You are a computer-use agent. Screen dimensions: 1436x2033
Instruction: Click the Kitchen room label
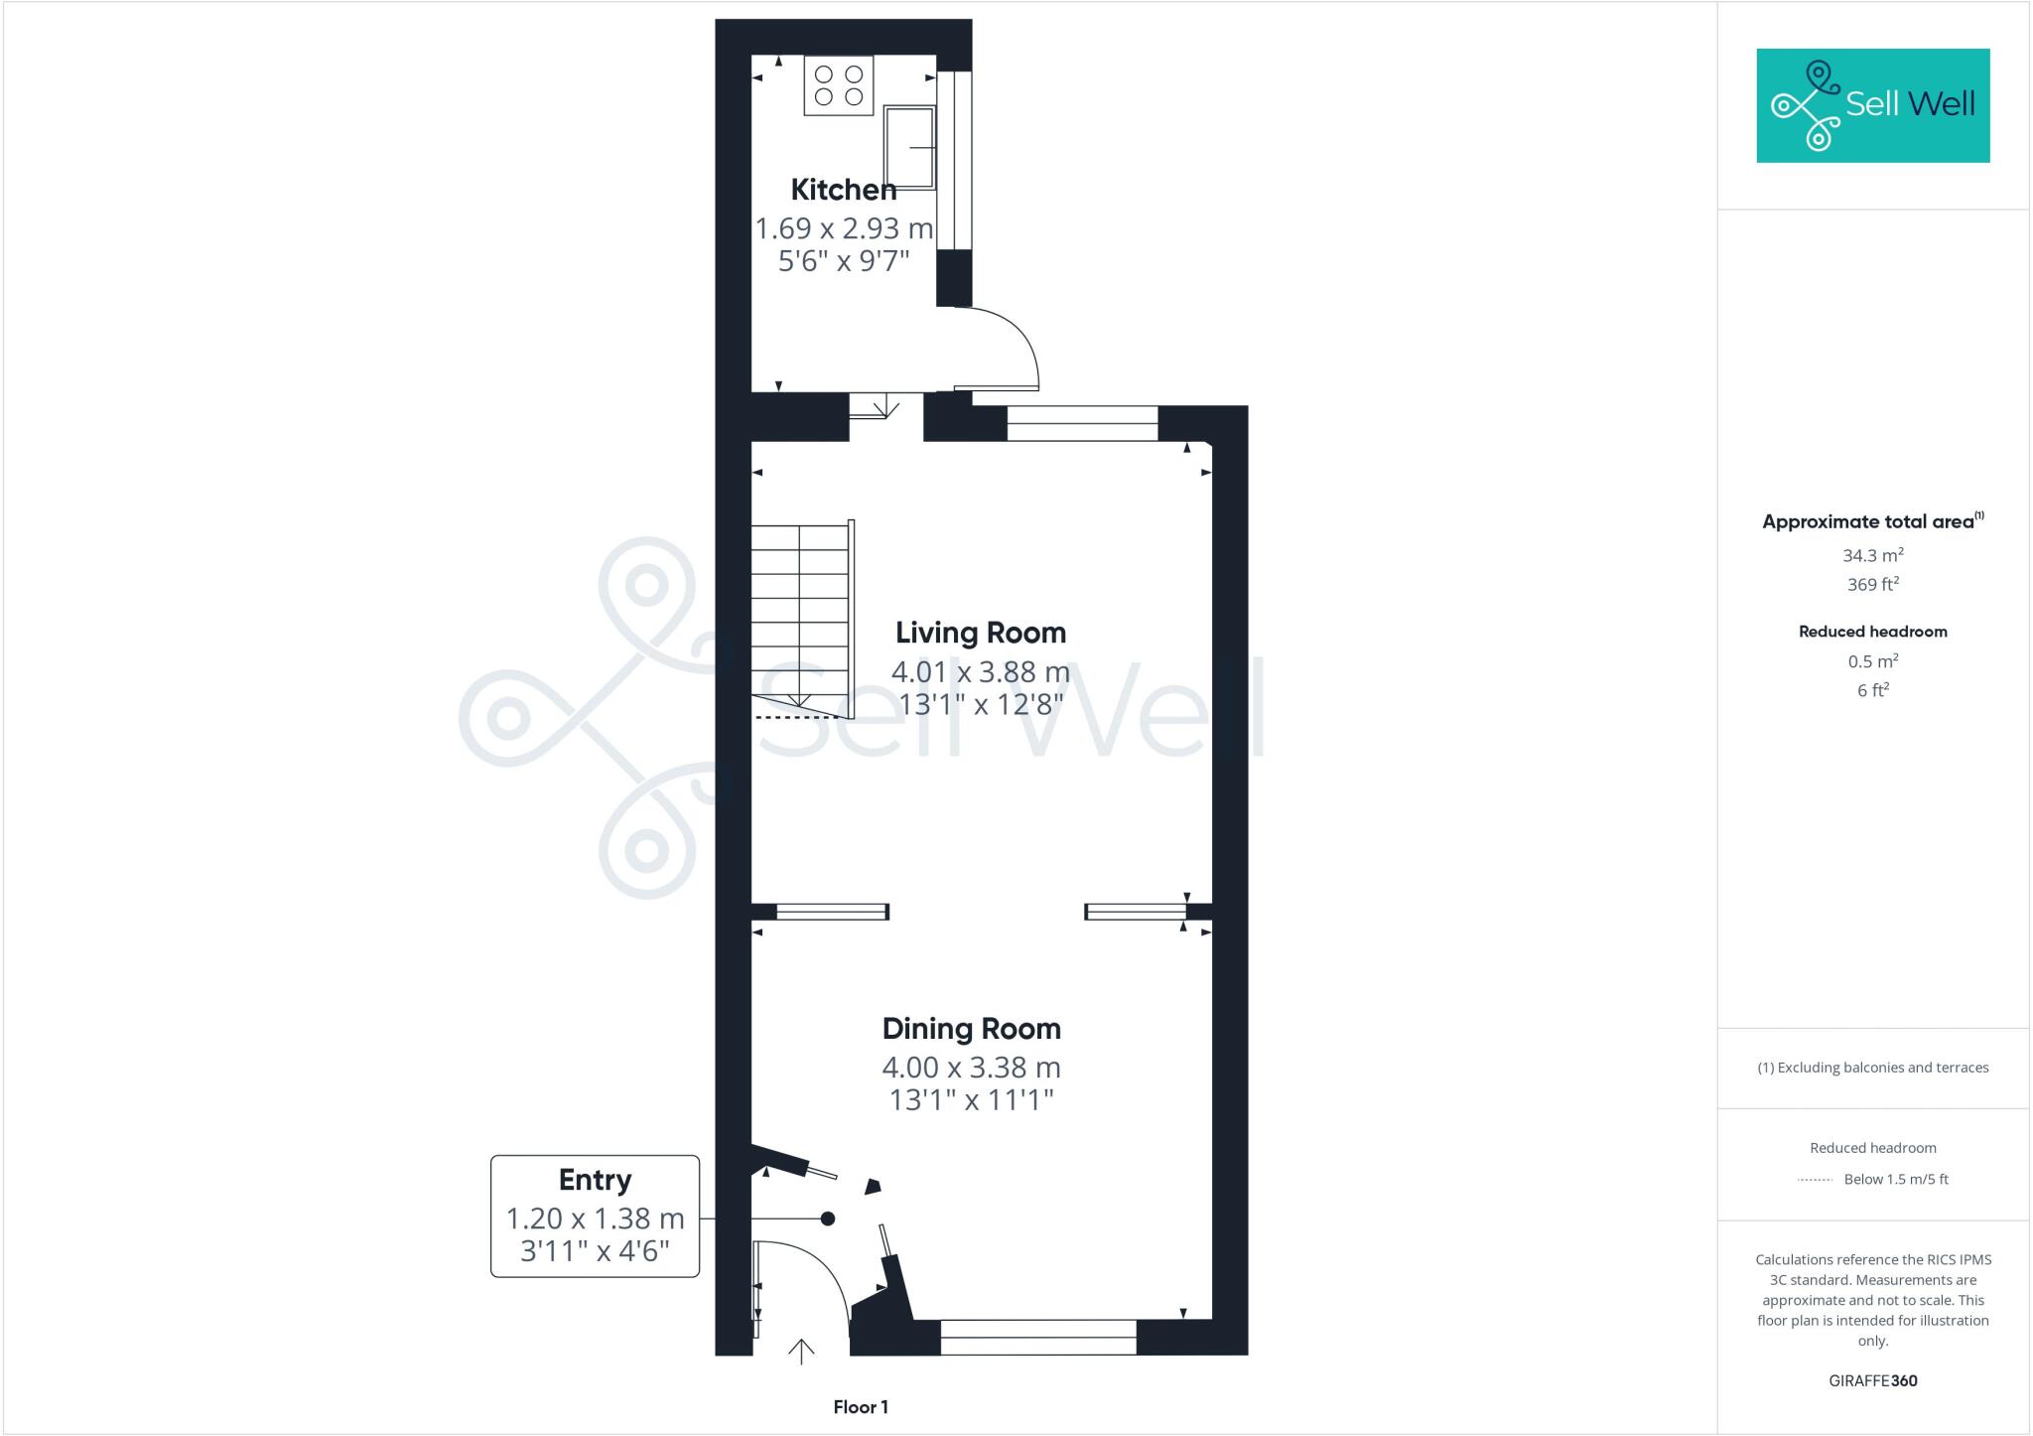[843, 189]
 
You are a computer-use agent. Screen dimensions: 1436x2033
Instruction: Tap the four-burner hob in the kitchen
[839, 85]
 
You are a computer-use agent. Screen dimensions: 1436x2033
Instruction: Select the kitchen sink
[910, 147]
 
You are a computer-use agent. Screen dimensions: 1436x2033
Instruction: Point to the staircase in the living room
[800, 616]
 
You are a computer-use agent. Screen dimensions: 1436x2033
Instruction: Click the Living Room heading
[980, 633]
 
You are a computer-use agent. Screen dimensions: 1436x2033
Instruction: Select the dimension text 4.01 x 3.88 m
[980, 671]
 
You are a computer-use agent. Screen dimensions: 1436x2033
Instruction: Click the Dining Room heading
[971, 1028]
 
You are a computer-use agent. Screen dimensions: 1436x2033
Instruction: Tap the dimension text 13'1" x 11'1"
[971, 1099]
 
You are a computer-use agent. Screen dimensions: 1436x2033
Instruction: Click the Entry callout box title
[595, 1180]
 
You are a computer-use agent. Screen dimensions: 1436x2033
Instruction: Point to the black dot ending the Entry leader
[827, 1219]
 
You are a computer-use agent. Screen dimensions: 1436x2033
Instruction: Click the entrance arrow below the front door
[801, 1352]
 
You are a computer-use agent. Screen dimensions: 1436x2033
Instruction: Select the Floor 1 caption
[861, 1407]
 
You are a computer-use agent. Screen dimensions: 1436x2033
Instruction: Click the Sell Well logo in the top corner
[1872, 105]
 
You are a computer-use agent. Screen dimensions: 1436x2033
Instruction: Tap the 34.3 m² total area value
[1872, 555]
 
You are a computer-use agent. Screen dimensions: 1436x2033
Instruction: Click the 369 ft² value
[1872, 585]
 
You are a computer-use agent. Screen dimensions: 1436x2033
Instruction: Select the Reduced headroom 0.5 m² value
[1872, 661]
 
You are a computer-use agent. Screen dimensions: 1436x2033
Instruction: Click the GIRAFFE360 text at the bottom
[1872, 1380]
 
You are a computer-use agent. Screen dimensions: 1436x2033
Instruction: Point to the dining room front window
[1037, 1338]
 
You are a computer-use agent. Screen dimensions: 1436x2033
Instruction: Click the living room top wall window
[1082, 423]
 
